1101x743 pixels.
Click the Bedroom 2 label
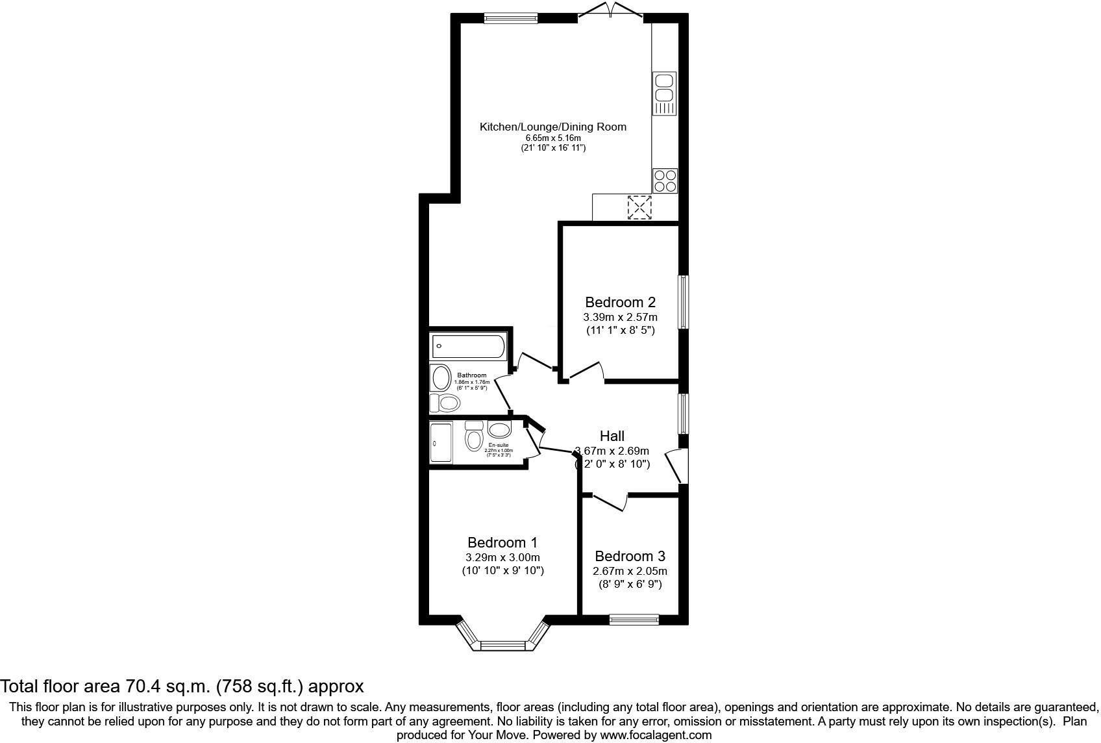click(x=620, y=302)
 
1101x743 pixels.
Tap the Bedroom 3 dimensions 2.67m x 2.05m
click(x=630, y=572)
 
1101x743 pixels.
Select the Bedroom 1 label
click(x=502, y=542)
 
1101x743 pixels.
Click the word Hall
click(x=612, y=436)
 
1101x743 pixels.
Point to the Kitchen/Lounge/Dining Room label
click(x=553, y=127)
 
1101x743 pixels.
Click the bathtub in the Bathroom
click(x=467, y=347)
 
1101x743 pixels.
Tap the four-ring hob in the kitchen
click(x=665, y=181)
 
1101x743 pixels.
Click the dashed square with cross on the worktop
click(x=639, y=208)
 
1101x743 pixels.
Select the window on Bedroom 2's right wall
click(x=684, y=302)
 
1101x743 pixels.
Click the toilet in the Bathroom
click(x=447, y=403)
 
